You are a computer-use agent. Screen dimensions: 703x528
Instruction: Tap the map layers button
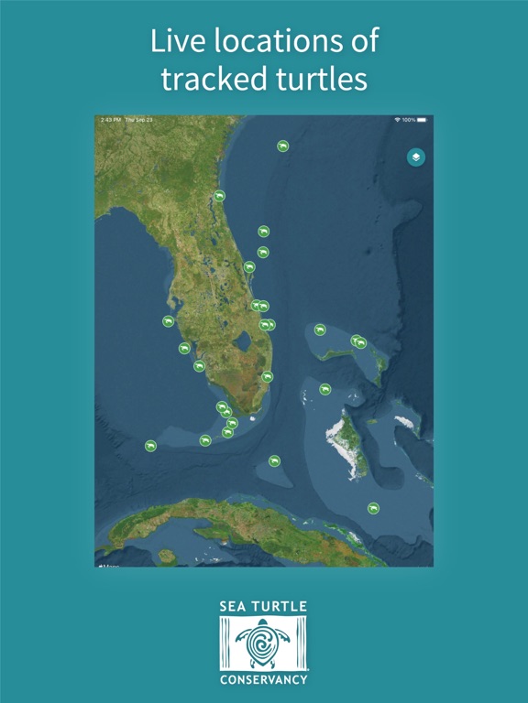pyautogui.click(x=415, y=157)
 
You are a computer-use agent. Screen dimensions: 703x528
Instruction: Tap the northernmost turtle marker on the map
pyautogui.click(x=283, y=146)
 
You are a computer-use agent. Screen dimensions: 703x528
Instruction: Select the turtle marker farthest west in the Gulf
pyautogui.click(x=150, y=446)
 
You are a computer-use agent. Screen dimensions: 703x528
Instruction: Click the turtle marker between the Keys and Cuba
pyautogui.click(x=274, y=460)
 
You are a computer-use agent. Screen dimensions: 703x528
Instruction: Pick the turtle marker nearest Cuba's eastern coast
pyautogui.click(x=373, y=508)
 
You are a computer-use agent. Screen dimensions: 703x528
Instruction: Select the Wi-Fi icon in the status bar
pyautogui.click(x=398, y=120)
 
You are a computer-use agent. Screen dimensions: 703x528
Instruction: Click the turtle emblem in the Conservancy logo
pyautogui.click(x=264, y=644)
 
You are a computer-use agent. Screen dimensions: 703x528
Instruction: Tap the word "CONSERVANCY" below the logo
pyautogui.click(x=264, y=680)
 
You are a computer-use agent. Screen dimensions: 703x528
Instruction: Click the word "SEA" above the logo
pyautogui.click(x=233, y=607)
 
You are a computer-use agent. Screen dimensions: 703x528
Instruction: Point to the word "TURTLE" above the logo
pyautogui.click(x=279, y=607)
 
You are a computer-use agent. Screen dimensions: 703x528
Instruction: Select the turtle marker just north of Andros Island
pyautogui.click(x=324, y=389)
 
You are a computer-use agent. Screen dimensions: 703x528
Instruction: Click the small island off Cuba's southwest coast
pyautogui.click(x=166, y=555)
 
